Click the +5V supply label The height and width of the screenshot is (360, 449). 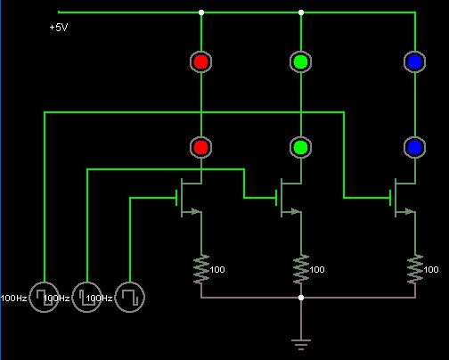click(x=59, y=28)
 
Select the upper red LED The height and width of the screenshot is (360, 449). click(x=201, y=61)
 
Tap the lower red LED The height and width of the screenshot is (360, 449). click(x=201, y=147)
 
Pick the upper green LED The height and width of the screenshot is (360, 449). click(x=301, y=61)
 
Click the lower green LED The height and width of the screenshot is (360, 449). click(x=301, y=147)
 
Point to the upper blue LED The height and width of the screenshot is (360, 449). click(x=415, y=61)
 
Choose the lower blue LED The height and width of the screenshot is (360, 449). click(x=415, y=147)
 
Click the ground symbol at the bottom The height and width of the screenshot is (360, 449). click(x=301, y=345)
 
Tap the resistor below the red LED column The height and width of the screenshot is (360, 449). click(x=201, y=269)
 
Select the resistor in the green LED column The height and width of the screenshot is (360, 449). click(x=301, y=269)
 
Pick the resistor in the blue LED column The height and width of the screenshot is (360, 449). click(x=415, y=269)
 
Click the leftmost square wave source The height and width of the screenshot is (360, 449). click(x=44, y=297)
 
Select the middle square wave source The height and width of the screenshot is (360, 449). click(x=86, y=297)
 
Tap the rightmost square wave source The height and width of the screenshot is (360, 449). click(x=130, y=297)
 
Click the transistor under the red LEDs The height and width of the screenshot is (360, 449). click(x=189, y=198)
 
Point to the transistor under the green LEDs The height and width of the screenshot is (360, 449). click(x=289, y=198)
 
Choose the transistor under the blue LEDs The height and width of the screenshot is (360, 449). click(x=403, y=198)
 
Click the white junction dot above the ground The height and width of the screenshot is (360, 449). click(x=301, y=298)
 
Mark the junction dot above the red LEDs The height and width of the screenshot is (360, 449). click(x=201, y=12)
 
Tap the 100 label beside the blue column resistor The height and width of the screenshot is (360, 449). click(x=431, y=269)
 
